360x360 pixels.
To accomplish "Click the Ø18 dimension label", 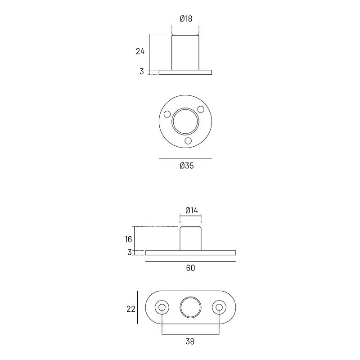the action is (186, 18).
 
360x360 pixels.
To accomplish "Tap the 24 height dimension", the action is (140, 51).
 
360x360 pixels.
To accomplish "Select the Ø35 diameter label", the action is (187, 166).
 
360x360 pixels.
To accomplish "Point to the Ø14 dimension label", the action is (191, 210).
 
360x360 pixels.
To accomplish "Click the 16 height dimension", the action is (129, 239).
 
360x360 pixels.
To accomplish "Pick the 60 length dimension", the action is (190, 268).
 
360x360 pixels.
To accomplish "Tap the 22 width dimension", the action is (131, 309).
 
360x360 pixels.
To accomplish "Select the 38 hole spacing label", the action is (190, 342).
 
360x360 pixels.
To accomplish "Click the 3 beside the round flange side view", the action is (142, 72).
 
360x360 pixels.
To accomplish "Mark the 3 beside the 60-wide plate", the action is (130, 252).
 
